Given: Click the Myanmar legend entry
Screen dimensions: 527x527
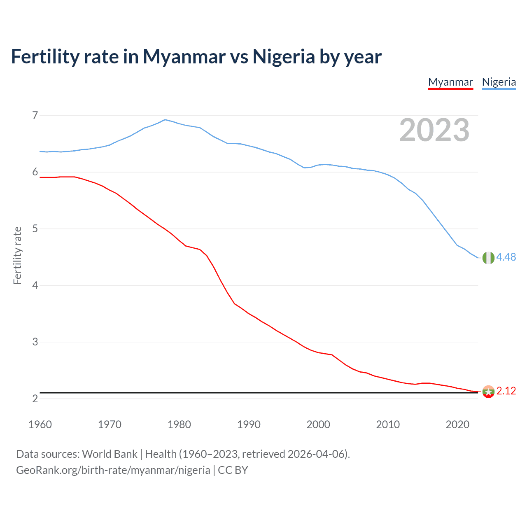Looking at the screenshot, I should click(450, 82).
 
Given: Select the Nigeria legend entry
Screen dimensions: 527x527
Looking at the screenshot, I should click(499, 82).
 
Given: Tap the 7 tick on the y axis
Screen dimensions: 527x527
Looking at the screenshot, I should click(35, 115).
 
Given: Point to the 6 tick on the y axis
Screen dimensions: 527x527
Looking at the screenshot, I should click(35, 172).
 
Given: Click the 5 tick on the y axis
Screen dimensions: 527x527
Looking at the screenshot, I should click(35, 229).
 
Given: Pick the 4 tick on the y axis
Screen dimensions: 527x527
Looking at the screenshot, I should click(35, 285).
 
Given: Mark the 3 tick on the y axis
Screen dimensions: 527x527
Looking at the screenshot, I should click(35, 342).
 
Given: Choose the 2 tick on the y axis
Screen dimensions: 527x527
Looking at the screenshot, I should click(35, 399).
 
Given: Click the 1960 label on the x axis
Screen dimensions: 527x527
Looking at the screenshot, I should click(40, 424).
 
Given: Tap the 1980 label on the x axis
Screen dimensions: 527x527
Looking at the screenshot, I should click(179, 424).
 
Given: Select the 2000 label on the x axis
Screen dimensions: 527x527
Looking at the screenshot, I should click(318, 424).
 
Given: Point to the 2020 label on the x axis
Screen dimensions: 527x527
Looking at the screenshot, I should click(457, 424).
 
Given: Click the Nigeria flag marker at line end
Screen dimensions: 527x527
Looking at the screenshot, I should click(488, 258).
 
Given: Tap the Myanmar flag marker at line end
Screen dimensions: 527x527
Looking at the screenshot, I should click(488, 392).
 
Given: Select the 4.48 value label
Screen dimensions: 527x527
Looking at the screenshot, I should click(506, 257).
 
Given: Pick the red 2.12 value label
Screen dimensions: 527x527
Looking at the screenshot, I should click(506, 391).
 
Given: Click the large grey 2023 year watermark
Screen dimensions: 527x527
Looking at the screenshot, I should click(434, 130).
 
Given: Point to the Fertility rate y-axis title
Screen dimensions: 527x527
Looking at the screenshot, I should click(17, 255).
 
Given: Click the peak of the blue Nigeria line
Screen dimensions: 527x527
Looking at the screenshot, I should click(165, 119).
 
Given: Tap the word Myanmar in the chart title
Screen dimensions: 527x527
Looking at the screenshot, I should click(184, 56).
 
